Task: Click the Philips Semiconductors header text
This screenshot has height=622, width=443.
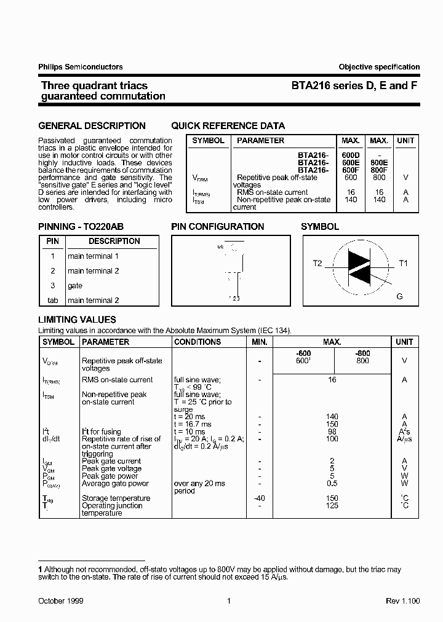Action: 81,67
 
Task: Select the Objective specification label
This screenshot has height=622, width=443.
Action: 378,67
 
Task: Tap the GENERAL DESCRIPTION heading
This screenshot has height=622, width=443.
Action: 92,126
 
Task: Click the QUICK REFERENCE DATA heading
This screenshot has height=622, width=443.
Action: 228,126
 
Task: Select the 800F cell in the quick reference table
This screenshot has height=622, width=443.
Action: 379,170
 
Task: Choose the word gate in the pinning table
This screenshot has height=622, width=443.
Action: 75,286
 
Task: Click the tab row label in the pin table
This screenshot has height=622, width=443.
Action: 53,301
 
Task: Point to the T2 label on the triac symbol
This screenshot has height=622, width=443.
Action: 317,263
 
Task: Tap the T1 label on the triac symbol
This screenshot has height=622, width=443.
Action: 403,263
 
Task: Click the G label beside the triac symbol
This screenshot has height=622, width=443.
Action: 399,296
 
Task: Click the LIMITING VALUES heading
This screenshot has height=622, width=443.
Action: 77,320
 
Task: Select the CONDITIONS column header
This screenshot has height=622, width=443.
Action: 198,342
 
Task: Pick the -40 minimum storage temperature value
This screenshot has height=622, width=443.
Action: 260,498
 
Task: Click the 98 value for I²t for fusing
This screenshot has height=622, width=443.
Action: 332,431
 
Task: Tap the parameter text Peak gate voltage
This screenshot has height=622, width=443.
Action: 111,469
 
